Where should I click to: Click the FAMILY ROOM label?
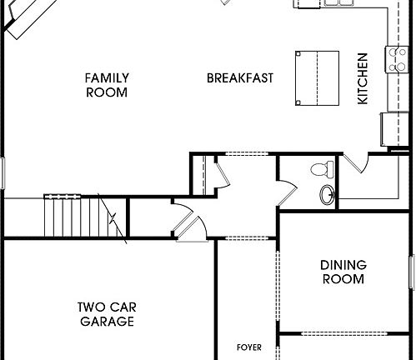tap(107, 85)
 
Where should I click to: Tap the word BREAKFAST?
tap(240, 78)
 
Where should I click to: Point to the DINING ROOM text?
tap(343, 272)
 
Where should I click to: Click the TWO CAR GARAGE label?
tap(107, 313)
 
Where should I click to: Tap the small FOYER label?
tap(248, 345)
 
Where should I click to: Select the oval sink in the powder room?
tap(328, 196)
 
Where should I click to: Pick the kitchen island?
tap(316, 77)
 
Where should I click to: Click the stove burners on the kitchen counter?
tap(394, 57)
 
